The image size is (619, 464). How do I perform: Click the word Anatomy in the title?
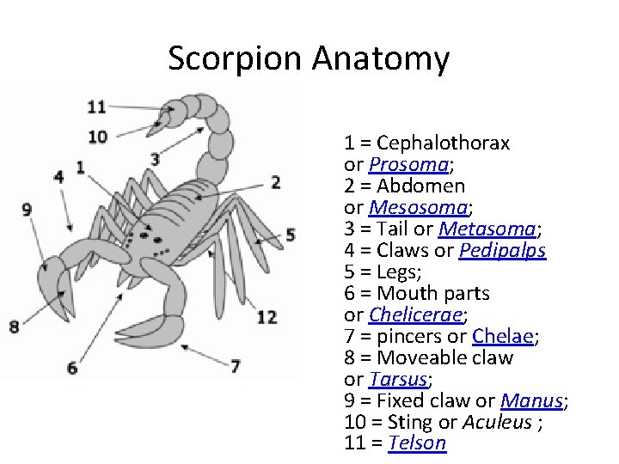(381, 59)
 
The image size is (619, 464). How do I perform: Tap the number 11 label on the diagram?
(96, 107)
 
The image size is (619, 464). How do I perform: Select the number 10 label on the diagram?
(97, 136)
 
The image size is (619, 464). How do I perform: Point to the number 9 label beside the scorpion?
(27, 209)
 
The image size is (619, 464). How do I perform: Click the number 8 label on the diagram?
(14, 326)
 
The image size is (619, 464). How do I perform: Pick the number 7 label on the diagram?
(235, 365)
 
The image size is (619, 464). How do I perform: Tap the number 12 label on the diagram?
(267, 317)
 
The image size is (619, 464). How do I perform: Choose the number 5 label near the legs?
(291, 234)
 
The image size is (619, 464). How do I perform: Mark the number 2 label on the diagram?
(276, 181)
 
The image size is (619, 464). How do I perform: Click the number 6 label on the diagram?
(71, 368)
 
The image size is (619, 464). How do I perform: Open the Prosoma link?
(408, 164)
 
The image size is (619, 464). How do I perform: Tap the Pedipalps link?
(502, 250)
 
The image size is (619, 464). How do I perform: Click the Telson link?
(417, 443)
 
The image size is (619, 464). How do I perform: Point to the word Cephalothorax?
(443, 143)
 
